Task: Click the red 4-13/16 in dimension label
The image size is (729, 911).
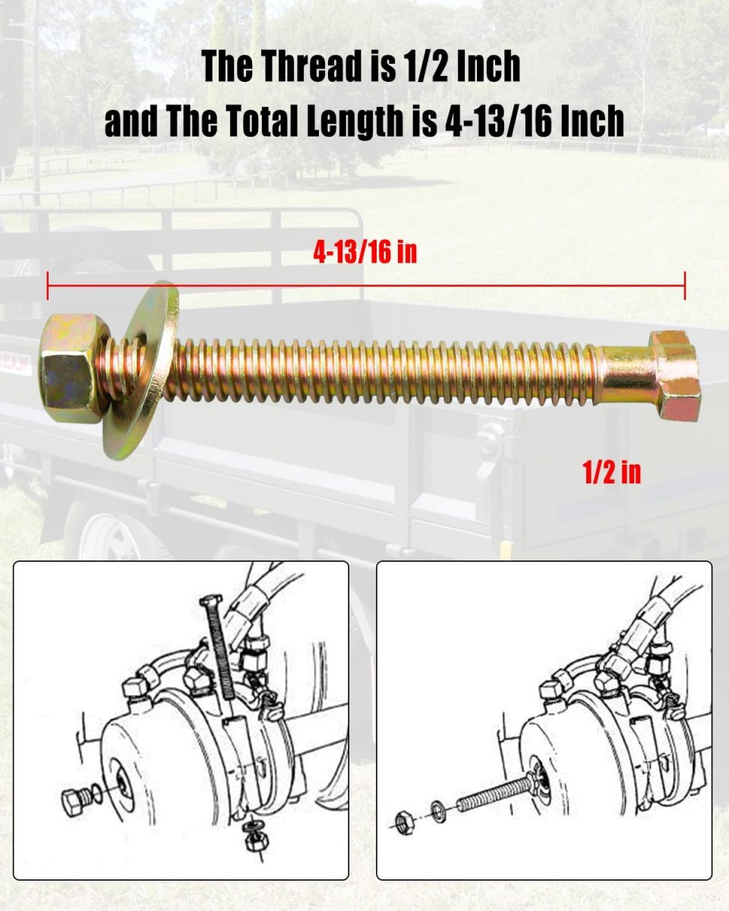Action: tap(365, 252)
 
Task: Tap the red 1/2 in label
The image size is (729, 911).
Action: tap(611, 473)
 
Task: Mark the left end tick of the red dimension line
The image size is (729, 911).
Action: tap(48, 285)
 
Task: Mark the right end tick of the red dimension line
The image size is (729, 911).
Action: tap(684, 285)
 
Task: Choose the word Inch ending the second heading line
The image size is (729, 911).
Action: tap(593, 121)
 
